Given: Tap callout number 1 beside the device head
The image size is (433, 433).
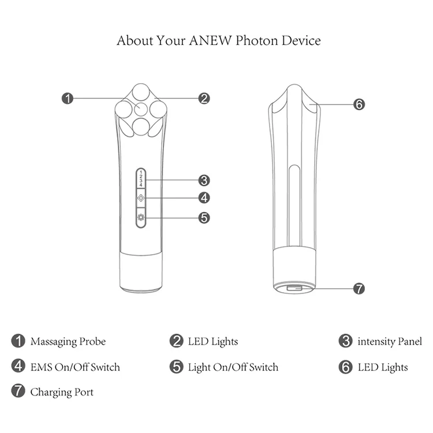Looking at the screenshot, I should coord(68,99).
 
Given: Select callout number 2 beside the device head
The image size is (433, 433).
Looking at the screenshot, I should coord(204,99).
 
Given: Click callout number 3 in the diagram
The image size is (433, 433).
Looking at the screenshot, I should coord(204,180).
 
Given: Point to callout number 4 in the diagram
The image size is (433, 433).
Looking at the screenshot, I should coord(204,198).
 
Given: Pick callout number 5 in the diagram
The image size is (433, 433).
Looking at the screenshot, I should coord(204,218).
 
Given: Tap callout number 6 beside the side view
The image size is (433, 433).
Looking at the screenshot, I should coord(359,104).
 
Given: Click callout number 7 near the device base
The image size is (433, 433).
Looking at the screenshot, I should coord(359,288).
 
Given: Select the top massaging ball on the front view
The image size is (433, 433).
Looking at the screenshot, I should coord(140,92).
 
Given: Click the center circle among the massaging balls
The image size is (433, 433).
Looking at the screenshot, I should coord(141,109).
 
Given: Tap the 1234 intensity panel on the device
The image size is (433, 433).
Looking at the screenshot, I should coord(141,178).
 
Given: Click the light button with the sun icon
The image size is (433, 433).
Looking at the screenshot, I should coord(141,218).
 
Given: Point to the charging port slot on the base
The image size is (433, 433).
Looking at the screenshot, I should coord(294,287).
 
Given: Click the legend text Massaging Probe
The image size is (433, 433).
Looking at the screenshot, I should coord(68,342).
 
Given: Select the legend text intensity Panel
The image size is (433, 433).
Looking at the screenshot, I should coord(390,342).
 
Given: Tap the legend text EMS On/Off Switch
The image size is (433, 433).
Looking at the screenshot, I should coord(75,367).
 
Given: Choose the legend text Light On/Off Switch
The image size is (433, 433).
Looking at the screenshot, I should coord(233,367).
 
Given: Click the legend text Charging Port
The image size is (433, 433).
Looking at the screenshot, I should coord(62,393).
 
